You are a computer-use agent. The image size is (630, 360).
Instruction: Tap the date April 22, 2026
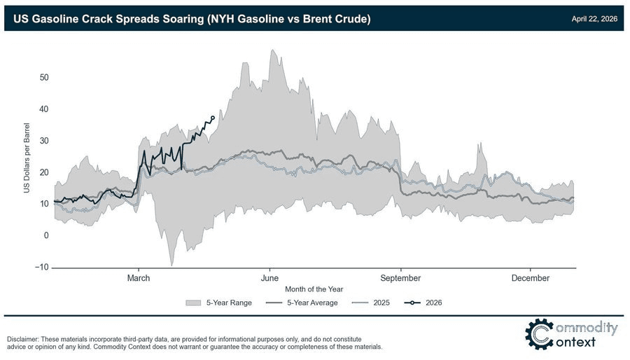coord(594,18)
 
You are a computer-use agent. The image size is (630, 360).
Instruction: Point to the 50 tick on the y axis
coord(43,77)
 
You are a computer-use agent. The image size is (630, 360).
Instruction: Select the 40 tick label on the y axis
coord(43,109)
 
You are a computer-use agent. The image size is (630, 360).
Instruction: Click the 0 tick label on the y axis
coord(46,235)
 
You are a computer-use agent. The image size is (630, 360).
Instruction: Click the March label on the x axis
coord(139,278)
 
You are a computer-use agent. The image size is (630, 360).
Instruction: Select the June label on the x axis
coord(269,278)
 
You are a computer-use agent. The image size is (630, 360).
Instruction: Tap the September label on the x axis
coord(400,278)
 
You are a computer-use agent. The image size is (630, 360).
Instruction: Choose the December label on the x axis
coord(530,278)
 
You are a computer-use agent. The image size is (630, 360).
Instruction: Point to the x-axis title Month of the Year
coord(314,289)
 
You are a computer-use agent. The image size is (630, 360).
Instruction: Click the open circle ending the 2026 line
coord(213,118)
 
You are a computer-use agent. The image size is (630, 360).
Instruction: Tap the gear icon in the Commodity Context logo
coord(538,334)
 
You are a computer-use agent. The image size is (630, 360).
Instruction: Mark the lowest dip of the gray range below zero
coord(171,265)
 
